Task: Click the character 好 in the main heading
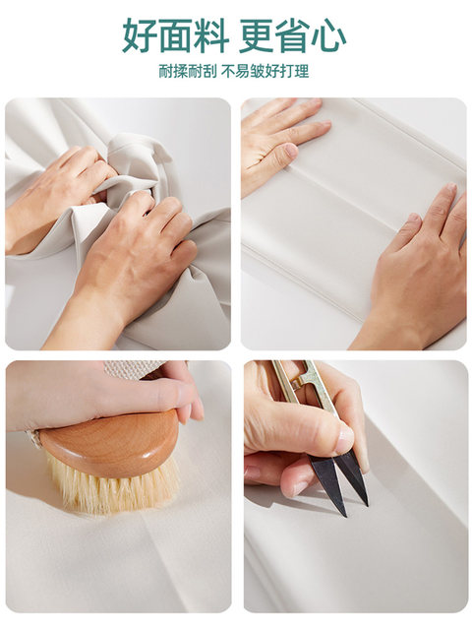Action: pyautogui.click(x=140, y=35)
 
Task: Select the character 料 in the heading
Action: pyautogui.click(x=211, y=35)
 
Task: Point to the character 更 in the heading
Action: pyautogui.click(x=258, y=35)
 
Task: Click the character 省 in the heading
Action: pyautogui.click(x=293, y=35)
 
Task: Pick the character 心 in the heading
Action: pyautogui.click(x=329, y=35)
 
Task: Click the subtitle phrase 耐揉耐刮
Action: pyautogui.click(x=188, y=71)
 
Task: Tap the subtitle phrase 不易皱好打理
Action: pyautogui.click(x=265, y=71)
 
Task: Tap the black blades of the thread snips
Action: pyautogui.click(x=339, y=480)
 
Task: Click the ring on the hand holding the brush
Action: pyautogui.click(x=34, y=438)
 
